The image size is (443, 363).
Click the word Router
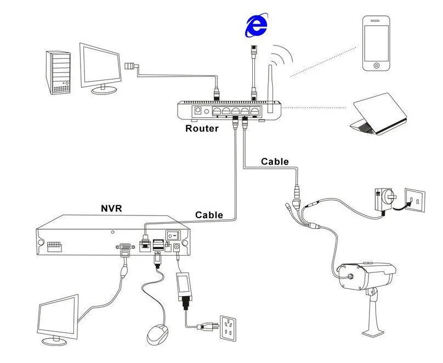202,129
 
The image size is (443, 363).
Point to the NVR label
111,208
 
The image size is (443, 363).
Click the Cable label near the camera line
275,161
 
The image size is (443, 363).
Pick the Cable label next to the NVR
209,215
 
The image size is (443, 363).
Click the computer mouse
158,333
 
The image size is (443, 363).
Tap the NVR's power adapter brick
184,286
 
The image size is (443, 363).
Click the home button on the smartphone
377,65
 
